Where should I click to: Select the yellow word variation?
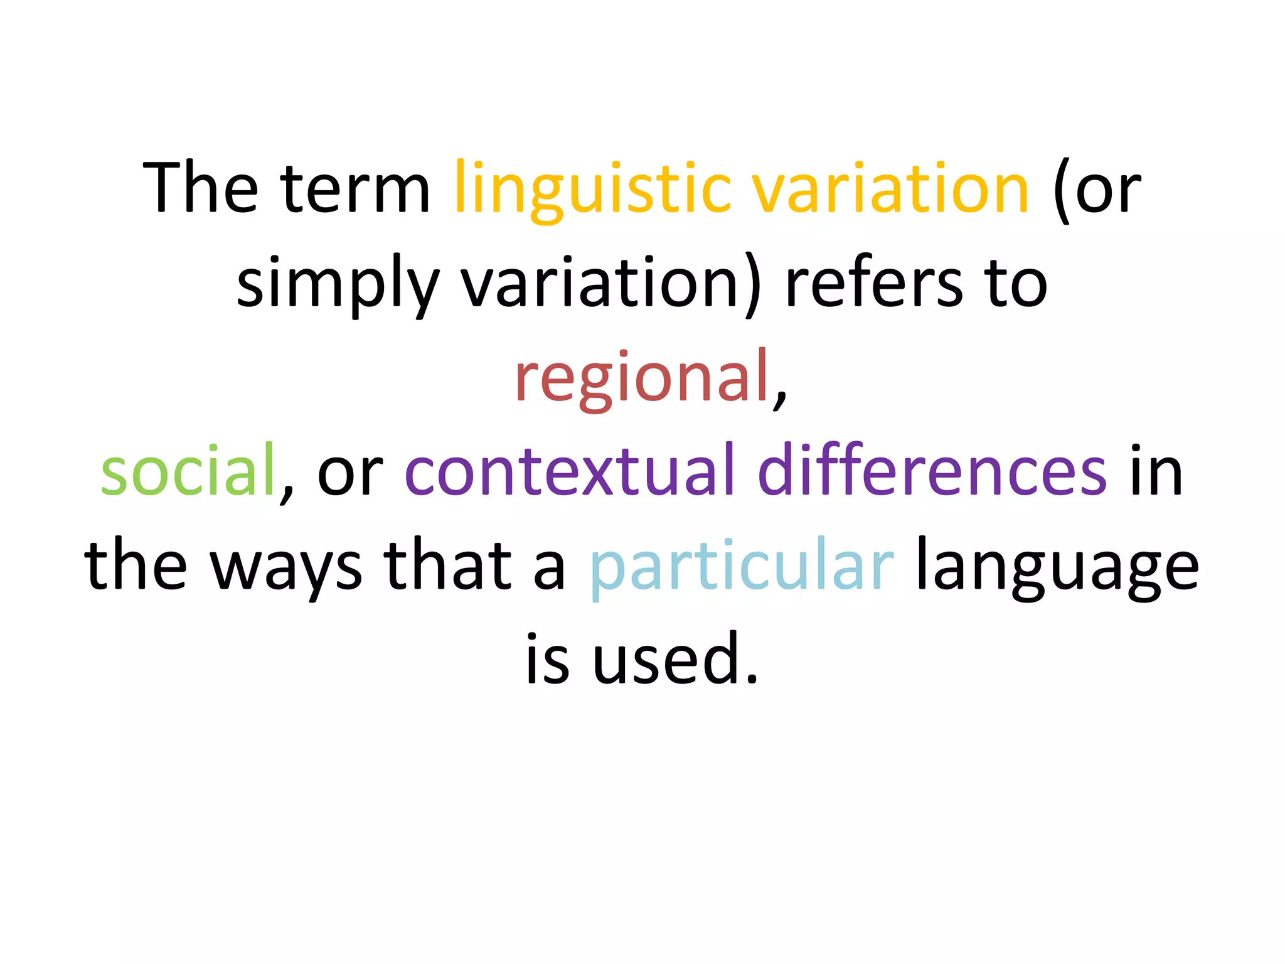(890, 188)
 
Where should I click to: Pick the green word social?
(188, 471)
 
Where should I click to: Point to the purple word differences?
(932, 471)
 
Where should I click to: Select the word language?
(1057, 566)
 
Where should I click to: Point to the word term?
(355, 188)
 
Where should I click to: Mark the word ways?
(286, 566)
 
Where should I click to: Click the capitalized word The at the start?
(200, 188)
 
